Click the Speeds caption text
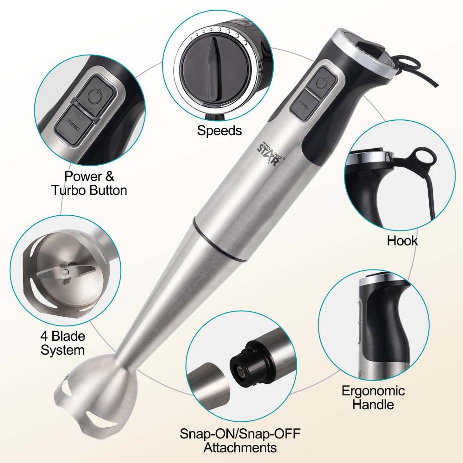click(219, 131)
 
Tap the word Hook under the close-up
click(402, 241)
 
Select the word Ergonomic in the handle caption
click(373, 391)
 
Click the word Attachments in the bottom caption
click(240, 448)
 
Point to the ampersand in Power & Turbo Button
click(109, 176)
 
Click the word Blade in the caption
click(68, 336)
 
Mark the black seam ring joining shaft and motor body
click(220, 239)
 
